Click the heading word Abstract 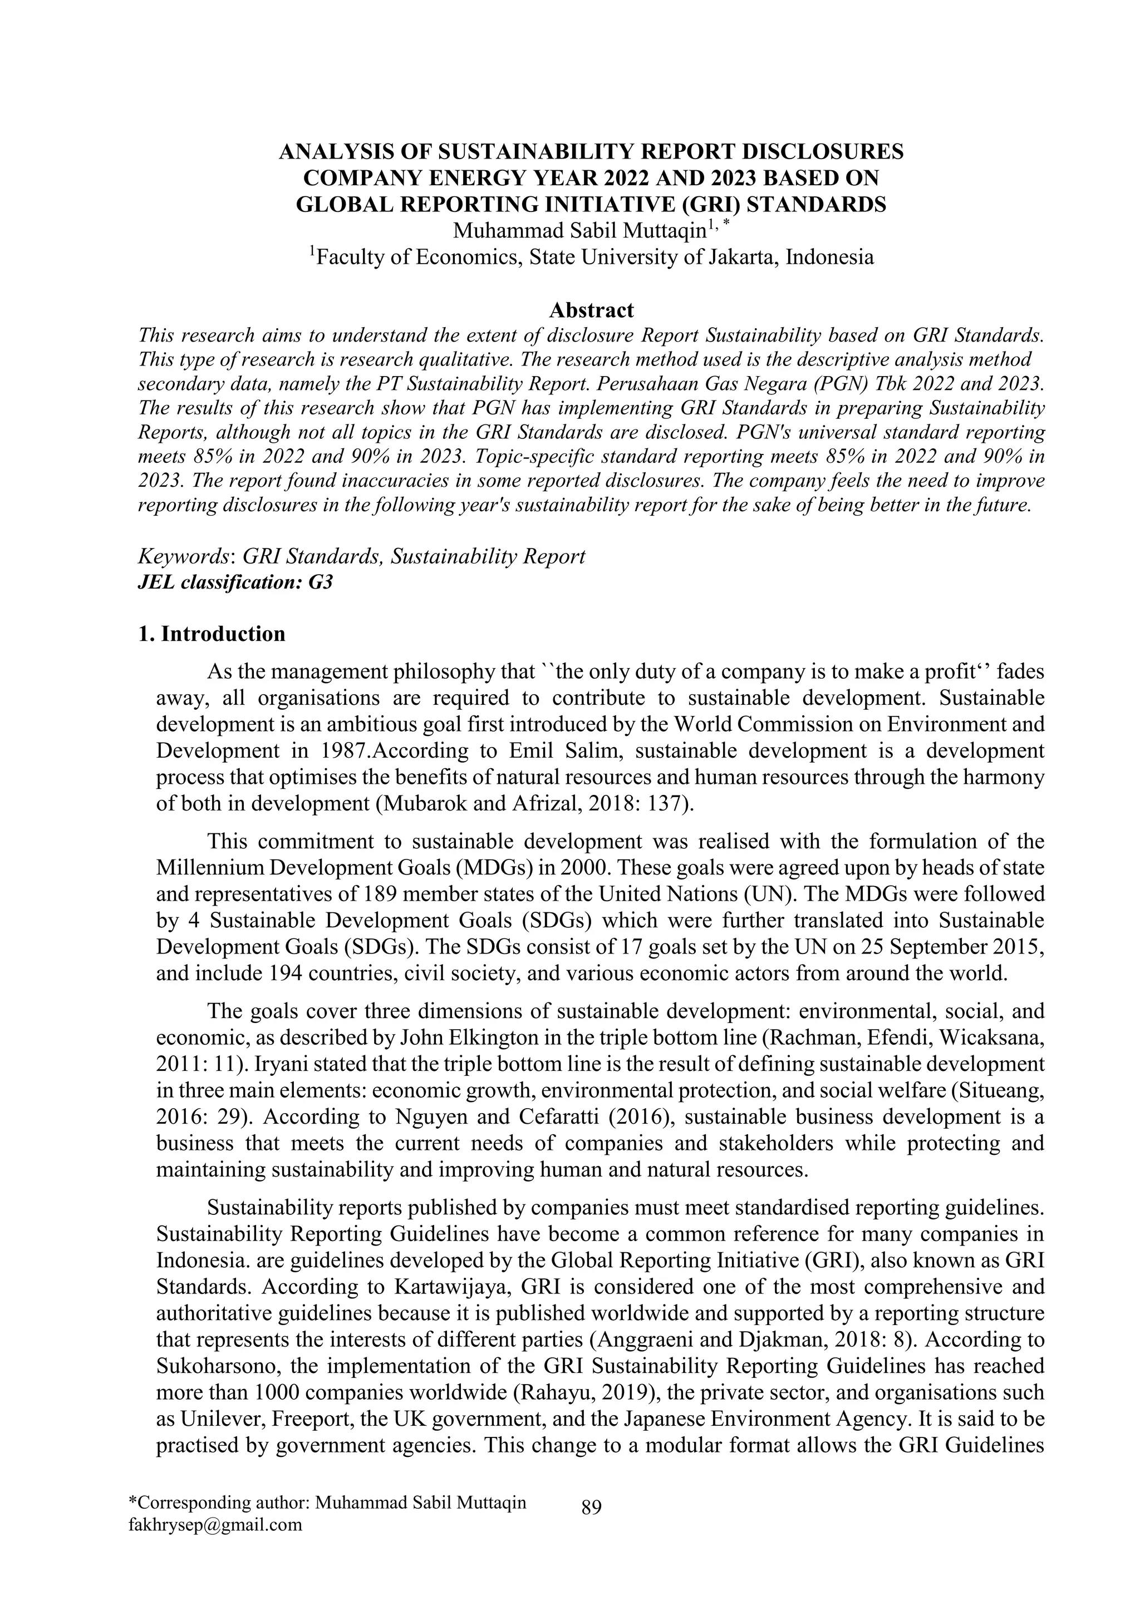click(x=591, y=309)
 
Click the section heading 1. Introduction click(x=212, y=634)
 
